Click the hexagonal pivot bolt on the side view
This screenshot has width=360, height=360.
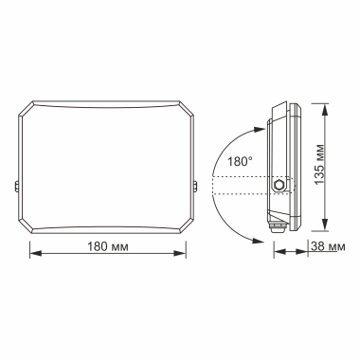click(x=279, y=186)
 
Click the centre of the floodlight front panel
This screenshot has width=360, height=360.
click(x=110, y=168)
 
